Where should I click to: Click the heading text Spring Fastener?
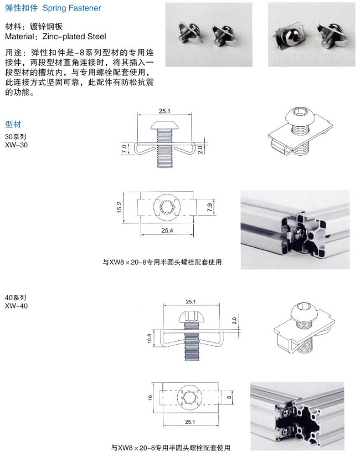point(72,8)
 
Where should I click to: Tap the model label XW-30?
point(16,145)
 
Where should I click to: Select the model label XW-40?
point(16,306)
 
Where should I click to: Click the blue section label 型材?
point(13,125)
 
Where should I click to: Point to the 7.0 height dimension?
point(124,149)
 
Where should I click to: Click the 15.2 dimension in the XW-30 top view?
point(119,207)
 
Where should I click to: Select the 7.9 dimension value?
point(210,207)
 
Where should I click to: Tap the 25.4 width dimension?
point(167,230)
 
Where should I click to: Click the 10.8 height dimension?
point(149,339)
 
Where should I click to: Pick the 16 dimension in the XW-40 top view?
point(150,397)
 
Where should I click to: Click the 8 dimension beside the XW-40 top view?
point(229,398)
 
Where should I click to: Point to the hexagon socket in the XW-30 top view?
point(167,207)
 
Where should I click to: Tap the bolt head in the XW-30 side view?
point(164,125)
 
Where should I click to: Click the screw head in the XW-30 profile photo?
point(300,232)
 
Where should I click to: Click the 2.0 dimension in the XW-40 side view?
point(234,321)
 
